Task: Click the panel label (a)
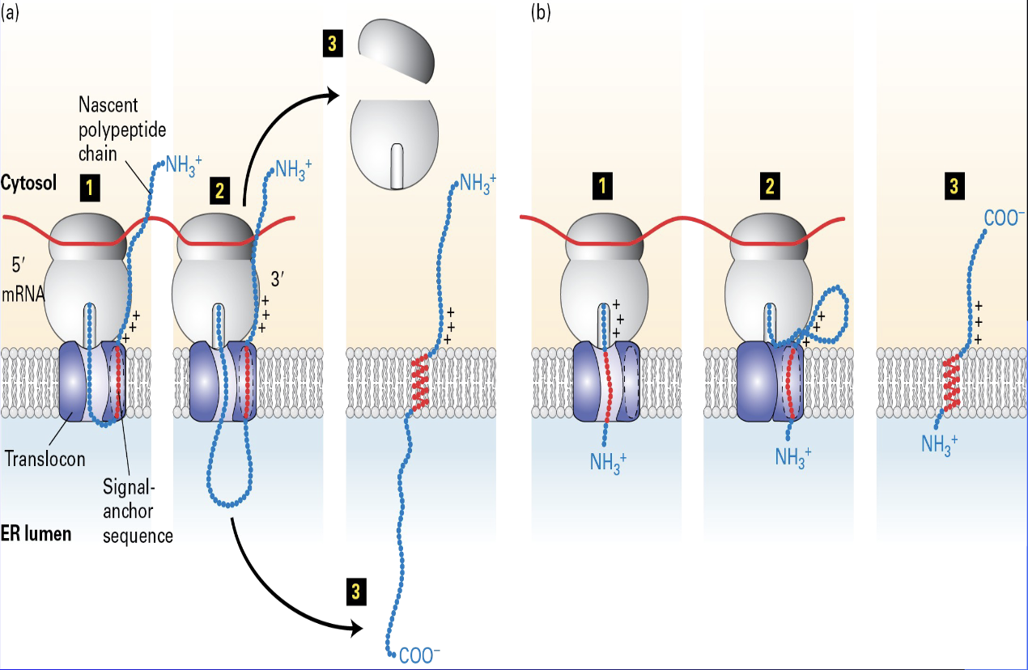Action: pyautogui.click(x=9, y=12)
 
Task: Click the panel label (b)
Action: pyautogui.click(x=541, y=12)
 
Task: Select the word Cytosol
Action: pyautogui.click(x=28, y=184)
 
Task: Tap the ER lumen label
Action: pyautogui.click(x=35, y=534)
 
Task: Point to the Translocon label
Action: pyautogui.click(x=45, y=458)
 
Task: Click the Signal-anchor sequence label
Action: pyautogui.click(x=138, y=511)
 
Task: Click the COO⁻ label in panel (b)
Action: pyautogui.click(x=1003, y=218)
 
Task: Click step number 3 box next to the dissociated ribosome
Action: pyautogui.click(x=330, y=45)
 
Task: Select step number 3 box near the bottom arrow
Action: pyautogui.click(x=355, y=593)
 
